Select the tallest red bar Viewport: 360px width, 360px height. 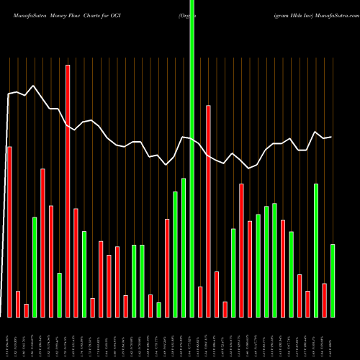(x=68, y=191)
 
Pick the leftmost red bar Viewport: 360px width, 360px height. (x=9, y=231)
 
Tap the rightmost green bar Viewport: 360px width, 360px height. (x=333, y=281)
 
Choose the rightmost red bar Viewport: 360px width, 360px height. (x=324, y=300)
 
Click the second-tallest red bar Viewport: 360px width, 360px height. (x=208, y=211)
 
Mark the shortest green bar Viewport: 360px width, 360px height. (x=158, y=310)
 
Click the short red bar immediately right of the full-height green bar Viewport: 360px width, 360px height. (x=200, y=302)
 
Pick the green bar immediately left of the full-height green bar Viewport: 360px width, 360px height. (x=184, y=247)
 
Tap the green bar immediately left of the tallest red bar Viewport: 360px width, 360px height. (x=59, y=295)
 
